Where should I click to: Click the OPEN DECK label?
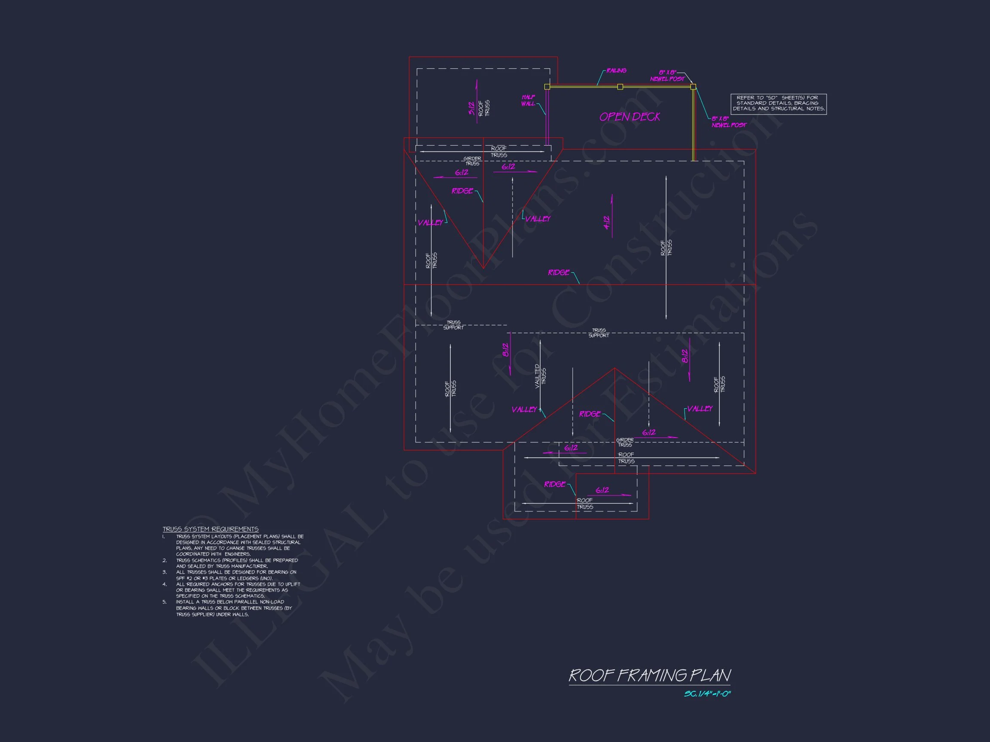pos(630,117)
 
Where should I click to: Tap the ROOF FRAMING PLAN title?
pos(649,675)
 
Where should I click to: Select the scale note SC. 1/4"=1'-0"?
pos(707,694)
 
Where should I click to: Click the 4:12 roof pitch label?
pos(606,222)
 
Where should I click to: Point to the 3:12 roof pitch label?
pos(471,109)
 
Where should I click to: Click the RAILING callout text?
pos(616,71)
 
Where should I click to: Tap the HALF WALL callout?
pos(528,100)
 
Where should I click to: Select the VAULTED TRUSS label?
pos(540,376)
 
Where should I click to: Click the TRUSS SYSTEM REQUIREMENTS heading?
pos(211,529)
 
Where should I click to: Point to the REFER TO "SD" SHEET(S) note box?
pos(778,103)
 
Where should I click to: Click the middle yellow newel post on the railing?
pos(620,87)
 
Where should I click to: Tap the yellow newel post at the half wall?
pos(547,87)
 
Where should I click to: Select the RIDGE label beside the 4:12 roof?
pos(559,272)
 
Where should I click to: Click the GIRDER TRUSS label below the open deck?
pos(472,161)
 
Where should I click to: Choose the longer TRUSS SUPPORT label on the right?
pos(599,333)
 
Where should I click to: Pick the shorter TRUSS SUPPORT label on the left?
pos(453,325)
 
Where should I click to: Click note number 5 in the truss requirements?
pos(164,602)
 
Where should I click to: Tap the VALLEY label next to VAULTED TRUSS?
pos(524,410)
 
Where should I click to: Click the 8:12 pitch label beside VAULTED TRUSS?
pos(506,350)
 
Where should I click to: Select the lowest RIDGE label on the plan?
pos(555,484)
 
